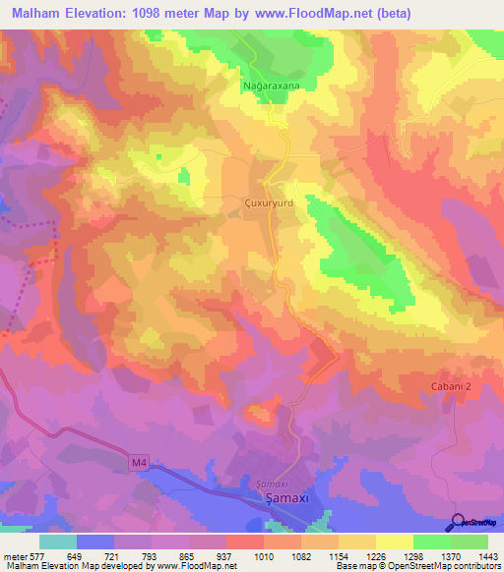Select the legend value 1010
(261, 555)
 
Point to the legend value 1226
(373, 555)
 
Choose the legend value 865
(186, 555)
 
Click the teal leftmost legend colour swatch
(58, 542)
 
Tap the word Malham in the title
(32, 14)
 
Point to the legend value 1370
(448, 555)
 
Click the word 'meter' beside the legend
(13, 555)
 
